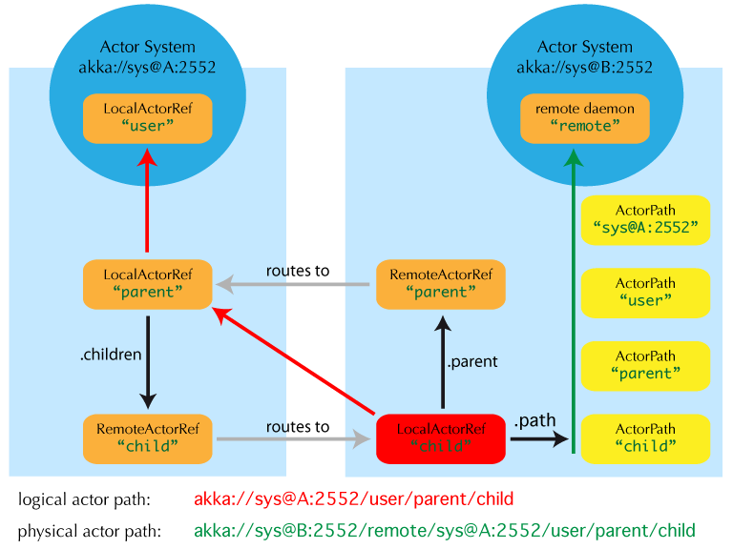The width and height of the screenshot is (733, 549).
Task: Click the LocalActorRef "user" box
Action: point(148,118)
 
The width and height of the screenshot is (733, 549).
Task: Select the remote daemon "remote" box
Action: point(584,118)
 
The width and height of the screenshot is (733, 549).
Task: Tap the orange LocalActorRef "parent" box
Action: point(148,284)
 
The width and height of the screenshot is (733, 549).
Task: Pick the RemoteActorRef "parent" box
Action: point(441,284)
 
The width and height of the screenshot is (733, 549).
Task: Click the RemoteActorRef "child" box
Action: point(148,438)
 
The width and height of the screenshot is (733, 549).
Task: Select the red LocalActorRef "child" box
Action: point(441,438)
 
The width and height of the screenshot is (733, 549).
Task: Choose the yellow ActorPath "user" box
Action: point(645,293)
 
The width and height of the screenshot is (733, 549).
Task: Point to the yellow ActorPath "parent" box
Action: point(645,366)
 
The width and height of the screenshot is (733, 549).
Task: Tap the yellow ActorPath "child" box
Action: point(645,438)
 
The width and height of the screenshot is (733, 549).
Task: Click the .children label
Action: point(111,355)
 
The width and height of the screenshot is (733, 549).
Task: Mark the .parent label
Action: point(472,362)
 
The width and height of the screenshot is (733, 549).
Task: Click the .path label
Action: point(534,420)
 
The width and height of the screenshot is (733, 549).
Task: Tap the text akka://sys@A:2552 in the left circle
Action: point(147,68)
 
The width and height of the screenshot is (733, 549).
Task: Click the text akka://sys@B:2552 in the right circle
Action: point(584,68)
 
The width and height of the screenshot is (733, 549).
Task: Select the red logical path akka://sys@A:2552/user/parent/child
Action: point(354,498)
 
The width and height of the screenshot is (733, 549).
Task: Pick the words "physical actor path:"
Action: point(89,531)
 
